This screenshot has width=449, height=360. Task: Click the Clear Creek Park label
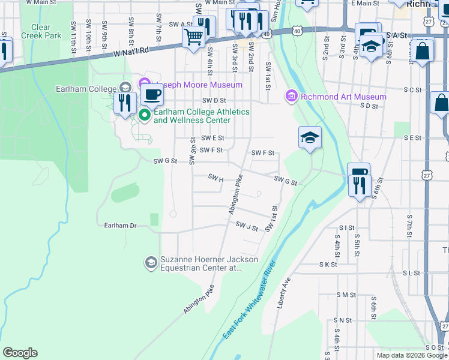[x=41, y=31]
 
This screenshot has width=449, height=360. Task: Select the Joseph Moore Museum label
[x=199, y=85]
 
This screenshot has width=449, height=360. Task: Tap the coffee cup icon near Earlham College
[x=152, y=95]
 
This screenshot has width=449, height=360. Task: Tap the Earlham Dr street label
[x=117, y=225]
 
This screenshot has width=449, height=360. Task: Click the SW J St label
[x=247, y=227]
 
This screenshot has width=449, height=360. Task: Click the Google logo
[x=20, y=353]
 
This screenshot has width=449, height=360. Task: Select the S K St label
[x=328, y=264]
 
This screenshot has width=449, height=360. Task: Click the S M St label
[x=346, y=295]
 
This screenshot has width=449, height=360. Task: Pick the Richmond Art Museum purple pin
[x=292, y=96]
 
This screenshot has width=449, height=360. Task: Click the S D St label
[x=369, y=106]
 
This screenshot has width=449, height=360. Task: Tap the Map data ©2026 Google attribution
[x=412, y=355]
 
